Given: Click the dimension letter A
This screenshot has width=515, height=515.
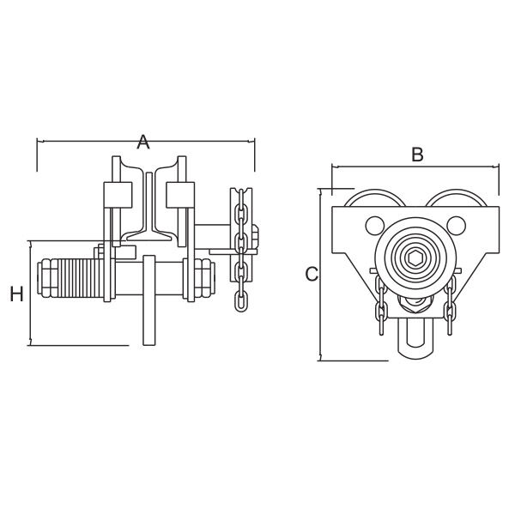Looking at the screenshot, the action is point(143,142).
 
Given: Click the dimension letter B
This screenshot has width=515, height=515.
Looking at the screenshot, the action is point(417,154).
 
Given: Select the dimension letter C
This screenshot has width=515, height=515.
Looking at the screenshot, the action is point(312,275).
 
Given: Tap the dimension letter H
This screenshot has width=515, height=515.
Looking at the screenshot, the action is point(16,294).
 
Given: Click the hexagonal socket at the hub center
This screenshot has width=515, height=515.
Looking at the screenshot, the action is point(415,258).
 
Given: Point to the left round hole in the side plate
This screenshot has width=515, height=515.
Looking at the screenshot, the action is point(375,225).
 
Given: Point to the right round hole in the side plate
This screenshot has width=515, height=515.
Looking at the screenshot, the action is point(457,225).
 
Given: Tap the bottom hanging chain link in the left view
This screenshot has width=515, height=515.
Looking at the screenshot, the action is point(240,301).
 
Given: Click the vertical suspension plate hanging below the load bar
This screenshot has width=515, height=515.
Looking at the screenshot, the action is point(149,300).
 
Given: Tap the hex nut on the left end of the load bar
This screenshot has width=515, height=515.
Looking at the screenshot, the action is point(49,278).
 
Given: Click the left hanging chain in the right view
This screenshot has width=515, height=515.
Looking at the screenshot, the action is point(381,305).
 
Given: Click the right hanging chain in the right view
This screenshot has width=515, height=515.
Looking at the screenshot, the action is point(450,305).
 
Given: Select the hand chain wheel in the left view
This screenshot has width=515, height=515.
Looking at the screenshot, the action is point(242,234).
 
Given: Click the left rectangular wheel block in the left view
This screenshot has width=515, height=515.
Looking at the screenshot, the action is point(118,195).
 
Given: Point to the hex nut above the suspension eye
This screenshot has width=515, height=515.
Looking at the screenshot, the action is point(415,304).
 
